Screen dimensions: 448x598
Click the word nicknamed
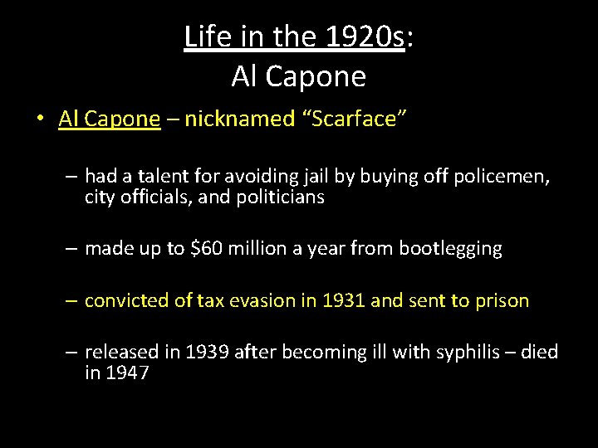tap(239, 119)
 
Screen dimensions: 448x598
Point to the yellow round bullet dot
tap(39, 119)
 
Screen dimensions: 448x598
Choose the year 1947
tap(129, 373)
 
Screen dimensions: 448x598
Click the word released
tap(118, 352)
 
